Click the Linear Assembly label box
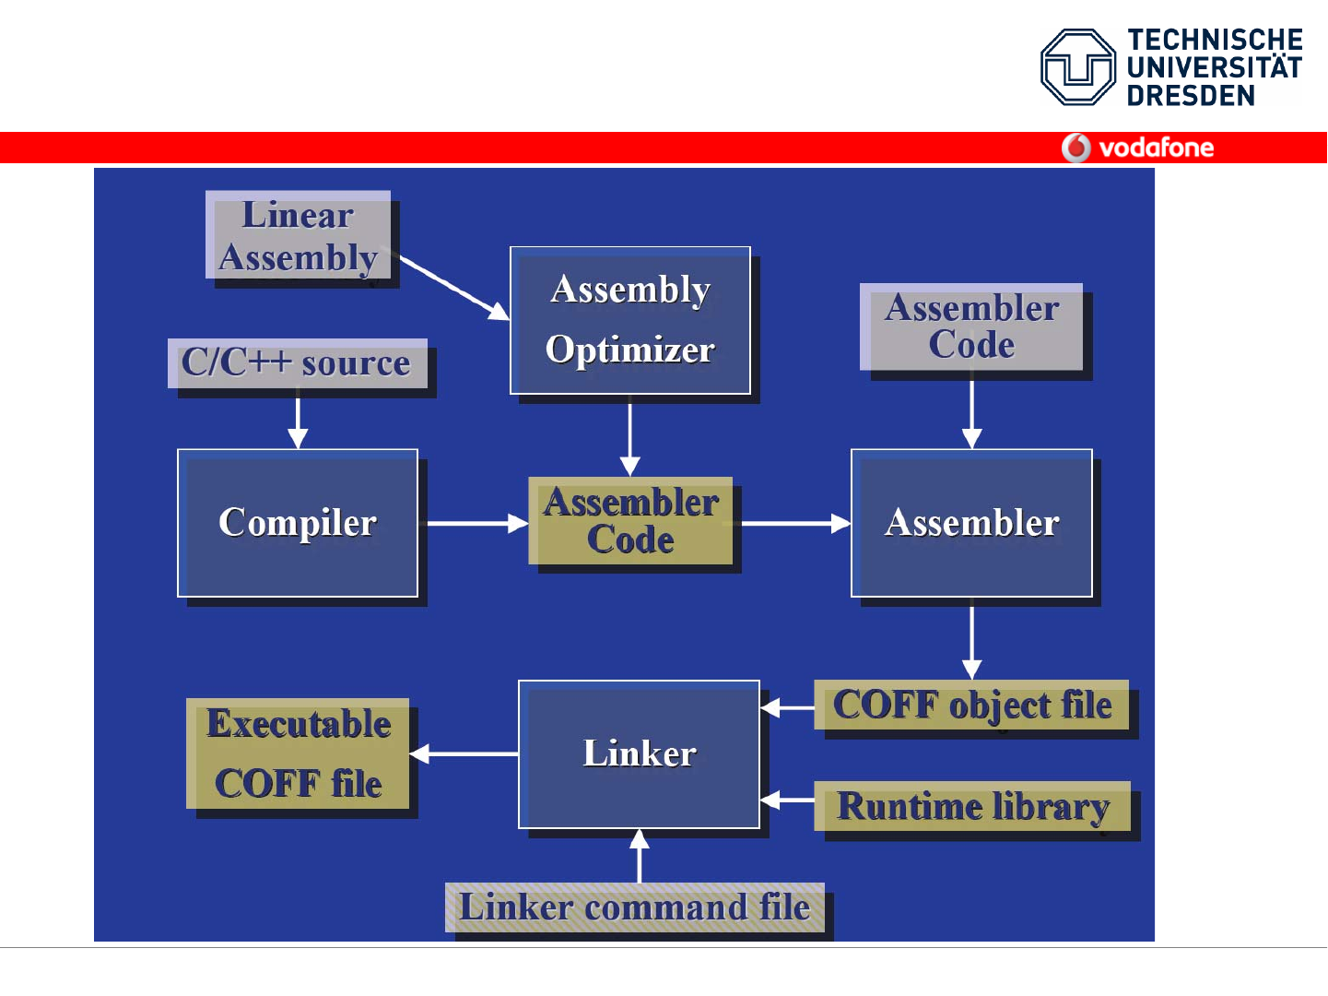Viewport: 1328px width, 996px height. tap(298, 235)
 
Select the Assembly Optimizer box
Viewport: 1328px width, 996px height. tap(630, 320)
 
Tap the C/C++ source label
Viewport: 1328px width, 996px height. tap(297, 362)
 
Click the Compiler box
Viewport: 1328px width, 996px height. tap(298, 523)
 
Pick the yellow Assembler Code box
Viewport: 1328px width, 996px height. tap(630, 520)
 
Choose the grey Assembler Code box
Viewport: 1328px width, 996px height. tap(971, 326)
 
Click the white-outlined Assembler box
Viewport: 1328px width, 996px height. tap(971, 523)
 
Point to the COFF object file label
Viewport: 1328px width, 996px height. tap(971, 705)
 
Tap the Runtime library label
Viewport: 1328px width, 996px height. tap(972, 806)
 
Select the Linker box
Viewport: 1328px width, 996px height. tap(639, 753)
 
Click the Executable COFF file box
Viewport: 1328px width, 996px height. tap(298, 753)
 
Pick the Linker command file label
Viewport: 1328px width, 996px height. tap(634, 907)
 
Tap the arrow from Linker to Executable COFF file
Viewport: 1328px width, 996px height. tap(464, 753)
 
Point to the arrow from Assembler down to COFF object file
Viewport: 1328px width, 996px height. tap(971, 640)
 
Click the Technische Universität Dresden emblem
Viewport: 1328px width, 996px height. tap(1077, 67)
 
